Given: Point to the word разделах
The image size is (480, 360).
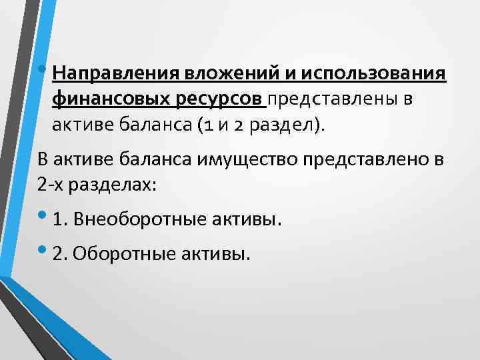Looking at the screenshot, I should tap(116, 185).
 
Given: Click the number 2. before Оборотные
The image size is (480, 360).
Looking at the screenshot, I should tap(63, 254).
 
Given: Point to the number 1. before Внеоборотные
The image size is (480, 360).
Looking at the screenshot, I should tap(63, 219).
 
